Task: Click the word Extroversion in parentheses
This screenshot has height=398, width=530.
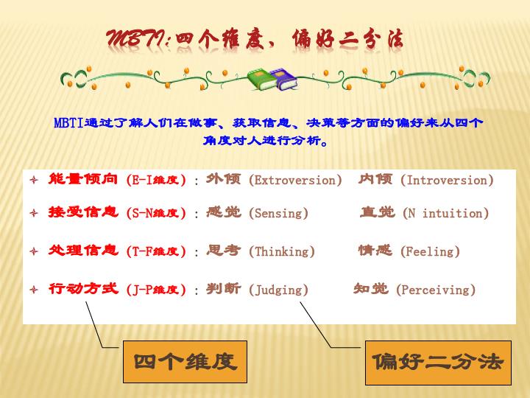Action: tap(295, 180)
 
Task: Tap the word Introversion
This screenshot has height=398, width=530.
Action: tap(447, 180)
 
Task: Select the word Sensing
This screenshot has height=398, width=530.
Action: tap(278, 213)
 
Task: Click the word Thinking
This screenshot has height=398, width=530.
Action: tap(281, 251)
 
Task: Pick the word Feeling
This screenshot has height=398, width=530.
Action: tap(430, 251)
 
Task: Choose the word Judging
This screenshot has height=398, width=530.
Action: tap(278, 290)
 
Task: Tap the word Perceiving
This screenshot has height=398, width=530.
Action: tap(436, 290)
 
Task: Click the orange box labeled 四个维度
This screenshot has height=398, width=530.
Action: tap(185, 362)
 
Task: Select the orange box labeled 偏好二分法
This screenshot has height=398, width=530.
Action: tap(438, 363)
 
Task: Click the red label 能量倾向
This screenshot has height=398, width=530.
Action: tap(83, 178)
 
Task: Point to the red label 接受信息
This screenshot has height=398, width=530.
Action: tap(83, 212)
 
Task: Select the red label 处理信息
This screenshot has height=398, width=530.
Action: tap(83, 250)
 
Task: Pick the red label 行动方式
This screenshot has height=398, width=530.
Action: tap(83, 288)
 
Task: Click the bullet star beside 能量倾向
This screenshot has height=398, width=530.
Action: tap(34, 180)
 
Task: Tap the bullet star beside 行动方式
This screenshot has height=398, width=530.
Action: tap(34, 290)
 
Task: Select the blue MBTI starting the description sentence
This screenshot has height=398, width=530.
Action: tap(68, 122)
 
